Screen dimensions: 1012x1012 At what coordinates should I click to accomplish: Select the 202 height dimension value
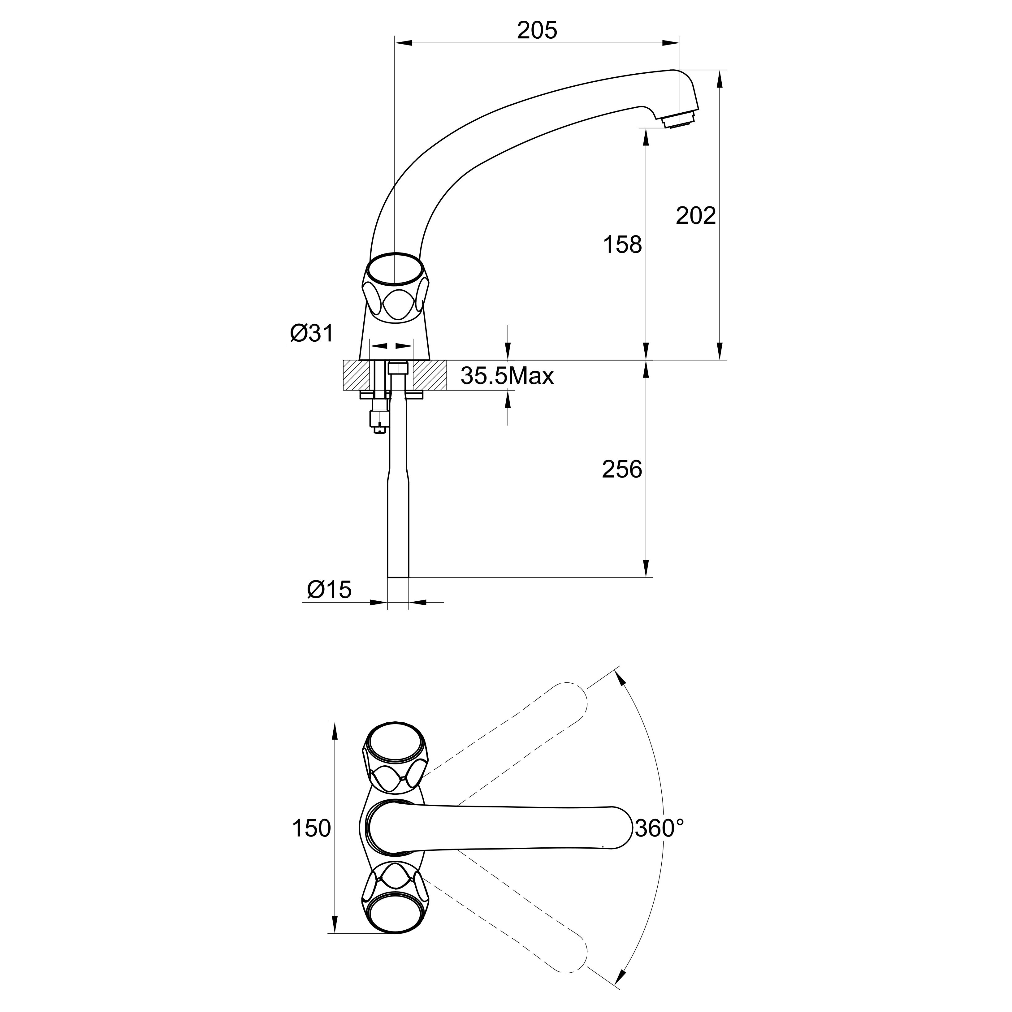tap(696, 216)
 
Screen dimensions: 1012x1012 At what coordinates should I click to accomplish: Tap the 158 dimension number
tap(622, 244)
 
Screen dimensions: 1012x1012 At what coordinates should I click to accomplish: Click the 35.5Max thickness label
tap(507, 376)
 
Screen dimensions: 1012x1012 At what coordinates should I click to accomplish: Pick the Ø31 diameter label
tap(312, 333)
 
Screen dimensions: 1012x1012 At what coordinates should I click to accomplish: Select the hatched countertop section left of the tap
tap(356, 375)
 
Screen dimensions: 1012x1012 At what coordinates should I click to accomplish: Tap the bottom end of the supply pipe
tap(398, 577)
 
